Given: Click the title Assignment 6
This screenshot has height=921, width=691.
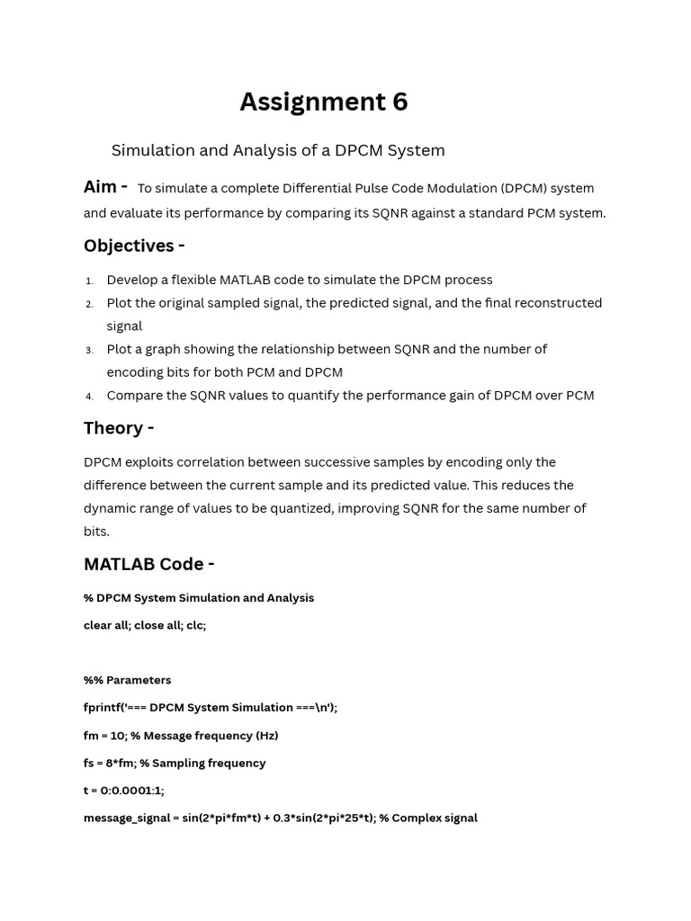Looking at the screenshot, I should pyautogui.click(x=323, y=103).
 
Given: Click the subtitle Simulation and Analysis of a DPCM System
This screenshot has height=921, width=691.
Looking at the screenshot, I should pyautogui.click(x=278, y=150).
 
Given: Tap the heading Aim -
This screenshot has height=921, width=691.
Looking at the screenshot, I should pyautogui.click(x=105, y=187).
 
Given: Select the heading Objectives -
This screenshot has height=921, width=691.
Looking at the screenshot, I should pyautogui.click(x=134, y=246).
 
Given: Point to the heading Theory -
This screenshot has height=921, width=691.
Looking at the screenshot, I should pyautogui.click(x=119, y=428).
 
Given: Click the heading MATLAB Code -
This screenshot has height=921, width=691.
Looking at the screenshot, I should pyautogui.click(x=148, y=564).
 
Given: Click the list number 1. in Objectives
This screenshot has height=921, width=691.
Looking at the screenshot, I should pyautogui.click(x=90, y=281).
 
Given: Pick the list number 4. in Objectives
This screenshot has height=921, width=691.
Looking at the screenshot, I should pyautogui.click(x=90, y=397).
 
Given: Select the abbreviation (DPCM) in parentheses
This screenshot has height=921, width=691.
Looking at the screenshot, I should pyautogui.click(x=525, y=188).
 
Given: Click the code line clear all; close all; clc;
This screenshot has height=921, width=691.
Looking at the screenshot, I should pyautogui.click(x=145, y=625).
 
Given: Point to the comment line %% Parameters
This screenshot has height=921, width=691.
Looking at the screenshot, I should pyautogui.click(x=127, y=680).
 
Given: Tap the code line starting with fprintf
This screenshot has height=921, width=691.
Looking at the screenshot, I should pyautogui.click(x=211, y=708).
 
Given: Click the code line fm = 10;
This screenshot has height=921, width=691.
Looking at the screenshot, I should pyautogui.click(x=181, y=736).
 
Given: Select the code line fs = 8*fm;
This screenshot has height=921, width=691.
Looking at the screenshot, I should pyautogui.click(x=175, y=763).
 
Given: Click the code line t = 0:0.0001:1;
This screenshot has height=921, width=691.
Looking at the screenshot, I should pyautogui.click(x=124, y=791).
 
